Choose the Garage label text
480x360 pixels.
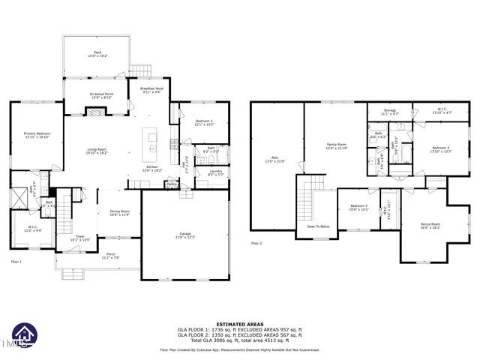pos(184,235)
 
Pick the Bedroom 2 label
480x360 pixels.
pos(205,122)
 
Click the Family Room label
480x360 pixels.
pos(336,145)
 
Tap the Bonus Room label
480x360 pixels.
pos(430,225)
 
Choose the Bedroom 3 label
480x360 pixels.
pos(358,207)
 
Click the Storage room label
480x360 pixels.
pos(390,112)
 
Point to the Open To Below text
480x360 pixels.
pos(318,226)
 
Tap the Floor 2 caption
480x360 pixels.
pos(256,243)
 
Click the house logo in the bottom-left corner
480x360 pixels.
pos(22,337)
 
